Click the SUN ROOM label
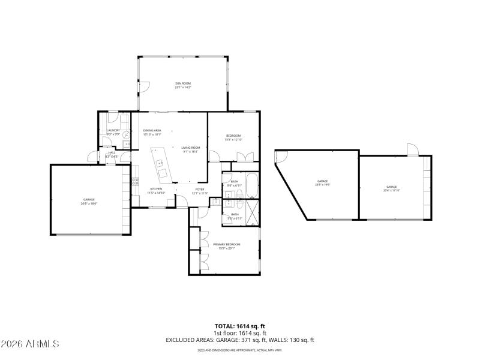183,83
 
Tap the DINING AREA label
152,130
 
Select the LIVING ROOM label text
190,147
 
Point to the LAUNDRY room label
113,130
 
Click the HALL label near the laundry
112,153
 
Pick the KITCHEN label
155,189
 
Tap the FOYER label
199,190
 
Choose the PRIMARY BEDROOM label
226,244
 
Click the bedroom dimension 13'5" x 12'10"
233,140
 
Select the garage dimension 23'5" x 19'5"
322,185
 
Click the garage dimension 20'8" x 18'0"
89,203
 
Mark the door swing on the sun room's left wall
143,86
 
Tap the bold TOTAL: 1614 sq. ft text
240,326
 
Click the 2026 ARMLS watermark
30,344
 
